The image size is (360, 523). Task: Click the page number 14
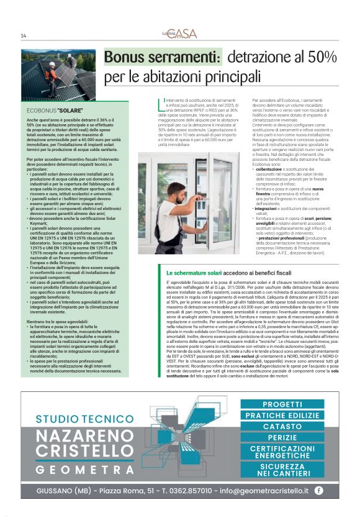pyautogui.click(x=24, y=35)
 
